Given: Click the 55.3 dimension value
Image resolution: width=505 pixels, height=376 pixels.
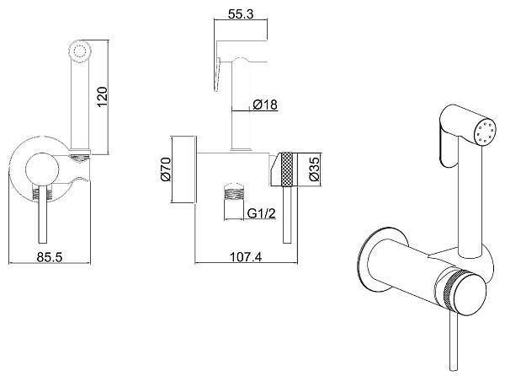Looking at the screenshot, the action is click(x=241, y=13).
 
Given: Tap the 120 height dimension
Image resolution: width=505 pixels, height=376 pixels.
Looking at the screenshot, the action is click(x=102, y=97).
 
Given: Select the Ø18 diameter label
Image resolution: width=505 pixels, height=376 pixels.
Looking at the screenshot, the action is click(x=265, y=105).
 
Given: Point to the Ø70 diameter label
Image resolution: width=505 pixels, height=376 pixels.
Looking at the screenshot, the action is click(x=166, y=169).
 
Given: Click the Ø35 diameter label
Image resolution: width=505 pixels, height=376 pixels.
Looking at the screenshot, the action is click(x=314, y=169).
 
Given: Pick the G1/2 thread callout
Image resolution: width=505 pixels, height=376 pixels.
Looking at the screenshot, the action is click(x=261, y=213).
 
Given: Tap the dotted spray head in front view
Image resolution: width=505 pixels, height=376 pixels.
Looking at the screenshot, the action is click(x=79, y=51).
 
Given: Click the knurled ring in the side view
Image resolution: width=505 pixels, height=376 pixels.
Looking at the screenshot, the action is click(x=287, y=169).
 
